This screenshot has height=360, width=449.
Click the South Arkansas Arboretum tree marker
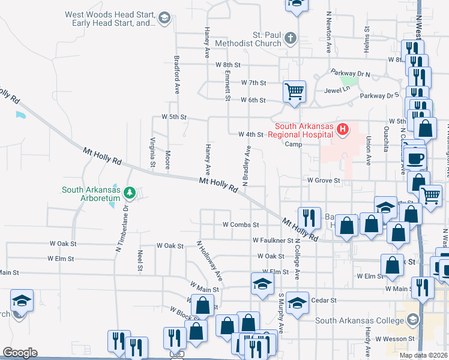pyautogui.click(x=130, y=193)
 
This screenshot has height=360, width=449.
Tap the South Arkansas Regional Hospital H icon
pyautogui.click(x=343, y=128)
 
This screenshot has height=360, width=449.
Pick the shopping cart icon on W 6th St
pyautogui.click(x=294, y=92)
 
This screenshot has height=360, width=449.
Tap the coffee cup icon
pyautogui.click(x=416, y=159)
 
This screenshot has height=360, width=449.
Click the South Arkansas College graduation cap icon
pyautogui.click(x=412, y=320)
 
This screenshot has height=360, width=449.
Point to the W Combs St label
pyautogui.click(x=240, y=224)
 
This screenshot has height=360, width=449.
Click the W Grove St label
pyautogui.click(x=324, y=179)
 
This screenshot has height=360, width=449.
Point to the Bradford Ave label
pyautogui.click(x=177, y=75)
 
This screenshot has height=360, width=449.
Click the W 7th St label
pyautogui.click(x=253, y=83)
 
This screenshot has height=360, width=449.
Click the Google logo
pyautogui.click(x=20, y=353)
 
